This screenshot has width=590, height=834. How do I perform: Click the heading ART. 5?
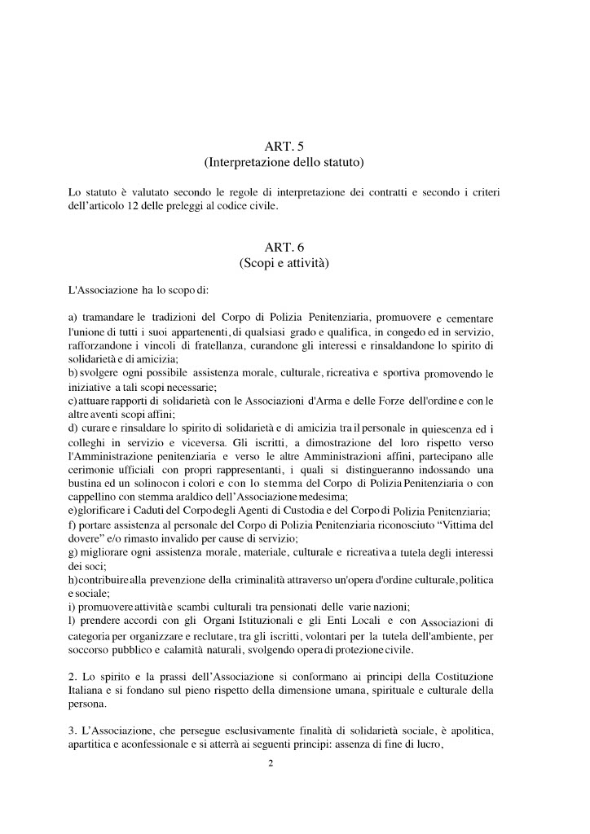pos(284,146)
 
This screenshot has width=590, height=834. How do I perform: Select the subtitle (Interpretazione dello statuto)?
pos(284,163)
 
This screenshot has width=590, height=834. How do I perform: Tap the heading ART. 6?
pos(284,246)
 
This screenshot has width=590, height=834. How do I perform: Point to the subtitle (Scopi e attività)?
pos(284,263)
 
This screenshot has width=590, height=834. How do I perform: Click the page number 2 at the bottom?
pos(271,763)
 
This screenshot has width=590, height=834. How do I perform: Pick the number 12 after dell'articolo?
pos(132,206)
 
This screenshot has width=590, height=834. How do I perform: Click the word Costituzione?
pos(478,678)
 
